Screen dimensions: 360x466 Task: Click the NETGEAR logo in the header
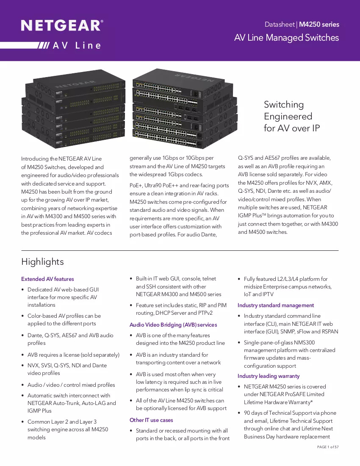62,25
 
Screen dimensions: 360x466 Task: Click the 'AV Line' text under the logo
77,45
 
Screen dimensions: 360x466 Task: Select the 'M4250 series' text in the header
319,25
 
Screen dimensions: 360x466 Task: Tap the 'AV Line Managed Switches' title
286,38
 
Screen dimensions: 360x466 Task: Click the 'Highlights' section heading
42,262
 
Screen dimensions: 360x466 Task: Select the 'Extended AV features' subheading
47,279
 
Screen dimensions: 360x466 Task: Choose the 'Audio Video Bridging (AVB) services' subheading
173,325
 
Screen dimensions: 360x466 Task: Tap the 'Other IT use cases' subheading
151,420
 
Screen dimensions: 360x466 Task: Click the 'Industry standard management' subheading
276,305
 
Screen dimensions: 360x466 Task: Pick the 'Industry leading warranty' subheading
269,376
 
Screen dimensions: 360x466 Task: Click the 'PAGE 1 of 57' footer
328,447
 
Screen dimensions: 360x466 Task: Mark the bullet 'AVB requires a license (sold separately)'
73,355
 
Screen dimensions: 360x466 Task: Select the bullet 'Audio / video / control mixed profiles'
71,385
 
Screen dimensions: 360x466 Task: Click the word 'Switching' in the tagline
284,105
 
